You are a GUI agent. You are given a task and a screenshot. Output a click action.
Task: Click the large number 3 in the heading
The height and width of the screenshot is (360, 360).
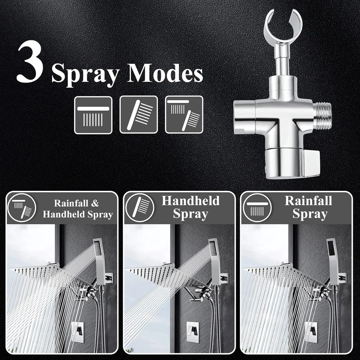[x=30, y=62]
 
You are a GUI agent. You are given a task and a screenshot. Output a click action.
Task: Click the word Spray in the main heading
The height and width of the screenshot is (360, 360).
[x=85, y=74]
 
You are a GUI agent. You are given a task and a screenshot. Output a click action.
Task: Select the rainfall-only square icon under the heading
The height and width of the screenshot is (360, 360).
[x=93, y=115]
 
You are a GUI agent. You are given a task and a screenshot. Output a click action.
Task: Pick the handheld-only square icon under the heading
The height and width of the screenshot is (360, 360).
[x=139, y=114]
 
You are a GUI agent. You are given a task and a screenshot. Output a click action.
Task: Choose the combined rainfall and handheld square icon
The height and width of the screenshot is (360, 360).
[x=184, y=114]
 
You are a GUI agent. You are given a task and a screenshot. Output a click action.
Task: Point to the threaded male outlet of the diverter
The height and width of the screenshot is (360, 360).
[x=324, y=115]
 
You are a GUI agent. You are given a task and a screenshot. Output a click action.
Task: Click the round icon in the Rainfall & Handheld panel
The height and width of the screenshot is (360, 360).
[x=22, y=208]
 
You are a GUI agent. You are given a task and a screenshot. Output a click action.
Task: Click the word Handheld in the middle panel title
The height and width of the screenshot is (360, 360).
[x=190, y=201]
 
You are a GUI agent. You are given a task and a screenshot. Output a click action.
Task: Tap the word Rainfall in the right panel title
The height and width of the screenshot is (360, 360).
[x=309, y=201]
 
